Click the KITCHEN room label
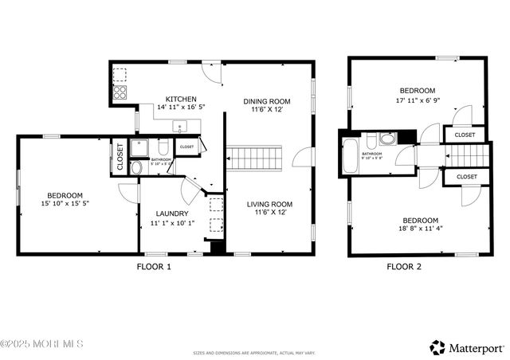[x=181, y=99]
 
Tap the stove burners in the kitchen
[x=119, y=92]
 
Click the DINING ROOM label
[x=266, y=101]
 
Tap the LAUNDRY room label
[x=171, y=213]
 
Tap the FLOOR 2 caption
[x=404, y=267]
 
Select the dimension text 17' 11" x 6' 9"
[x=418, y=100]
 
